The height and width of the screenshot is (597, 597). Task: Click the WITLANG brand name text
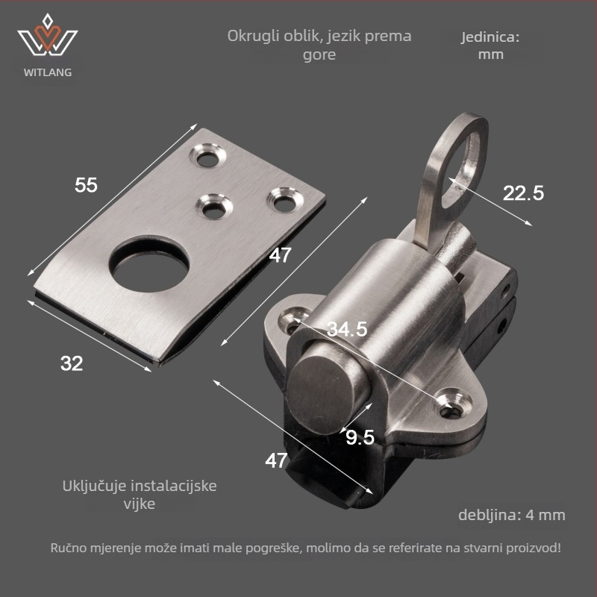48,72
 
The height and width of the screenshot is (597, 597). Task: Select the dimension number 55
86,185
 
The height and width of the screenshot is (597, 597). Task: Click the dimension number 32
72,363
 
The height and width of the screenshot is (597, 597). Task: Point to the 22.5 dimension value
523,193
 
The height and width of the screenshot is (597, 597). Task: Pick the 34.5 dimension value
347,329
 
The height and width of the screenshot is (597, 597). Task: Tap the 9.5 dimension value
360,437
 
